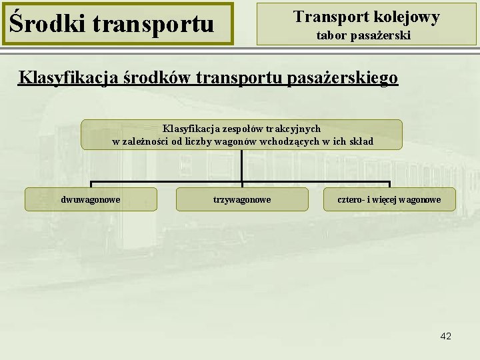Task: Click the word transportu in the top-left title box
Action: point(153,25)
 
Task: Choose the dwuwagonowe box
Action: point(91,199)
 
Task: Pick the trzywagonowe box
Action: point(242,199)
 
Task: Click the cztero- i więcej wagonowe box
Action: point(389,199)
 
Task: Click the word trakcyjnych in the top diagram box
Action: point(295,128)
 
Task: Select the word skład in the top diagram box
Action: point(360,141)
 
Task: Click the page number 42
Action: point(446,336)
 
